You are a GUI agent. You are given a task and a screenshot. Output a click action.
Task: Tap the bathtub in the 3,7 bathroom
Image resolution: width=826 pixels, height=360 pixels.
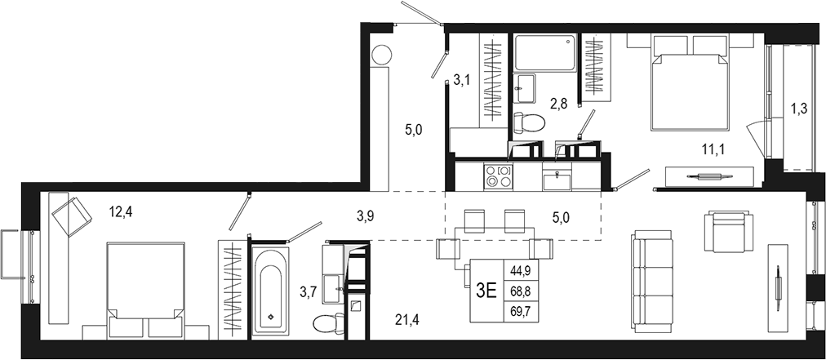(x=269, y=291)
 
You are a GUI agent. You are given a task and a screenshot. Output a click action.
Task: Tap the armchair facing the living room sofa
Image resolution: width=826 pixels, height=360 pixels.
(x=729, y=231)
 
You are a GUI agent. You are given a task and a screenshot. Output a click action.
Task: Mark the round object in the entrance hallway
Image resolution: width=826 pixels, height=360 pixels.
(x=381, y=56)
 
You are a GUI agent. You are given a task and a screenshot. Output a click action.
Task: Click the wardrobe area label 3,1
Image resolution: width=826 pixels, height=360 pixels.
(x=462, y=80)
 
